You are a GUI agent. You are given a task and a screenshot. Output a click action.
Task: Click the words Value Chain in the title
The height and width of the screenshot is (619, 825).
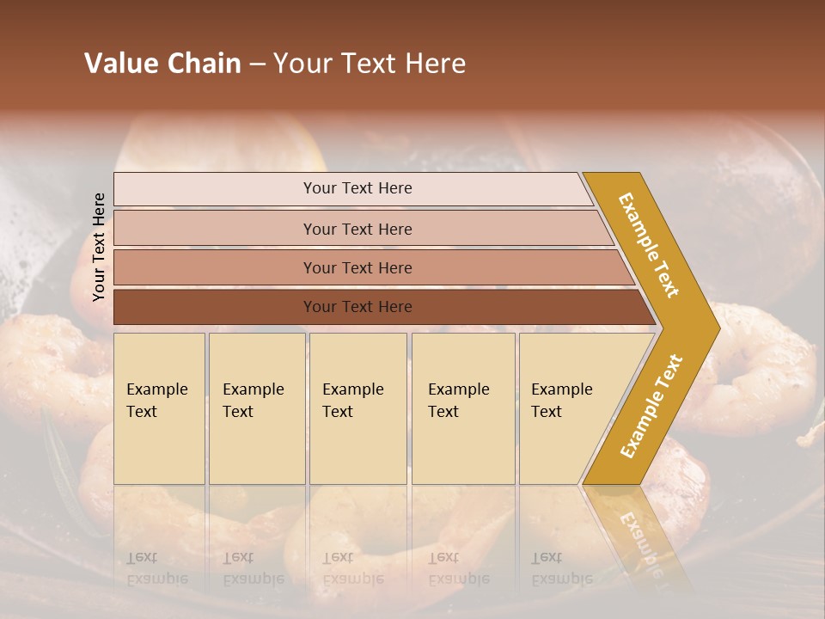(162, 64)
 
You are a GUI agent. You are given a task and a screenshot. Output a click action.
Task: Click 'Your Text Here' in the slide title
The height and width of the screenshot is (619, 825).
(370, 64)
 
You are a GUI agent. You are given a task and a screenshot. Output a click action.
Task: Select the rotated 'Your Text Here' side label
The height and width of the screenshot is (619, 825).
(99, 247)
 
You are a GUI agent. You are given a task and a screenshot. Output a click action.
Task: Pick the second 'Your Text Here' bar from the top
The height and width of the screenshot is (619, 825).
(357, 229)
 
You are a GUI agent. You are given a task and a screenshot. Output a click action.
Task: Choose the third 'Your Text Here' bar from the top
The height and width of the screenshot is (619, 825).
(357, 267)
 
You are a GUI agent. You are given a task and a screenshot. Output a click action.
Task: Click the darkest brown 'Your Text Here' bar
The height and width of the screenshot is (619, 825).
(357, 307)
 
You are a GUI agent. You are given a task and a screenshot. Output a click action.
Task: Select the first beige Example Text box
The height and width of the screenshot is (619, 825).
(159, 408)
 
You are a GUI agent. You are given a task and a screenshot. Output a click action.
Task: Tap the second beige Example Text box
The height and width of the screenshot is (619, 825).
(256, 408)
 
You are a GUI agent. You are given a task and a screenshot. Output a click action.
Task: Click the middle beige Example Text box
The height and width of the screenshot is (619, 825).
(357, 408)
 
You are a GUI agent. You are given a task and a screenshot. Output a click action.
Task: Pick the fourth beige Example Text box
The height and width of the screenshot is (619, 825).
(462, 408)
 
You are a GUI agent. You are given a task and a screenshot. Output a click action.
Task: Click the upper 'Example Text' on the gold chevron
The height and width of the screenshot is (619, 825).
(649, 245)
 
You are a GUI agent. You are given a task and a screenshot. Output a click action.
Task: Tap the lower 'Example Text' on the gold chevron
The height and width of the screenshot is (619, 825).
(651, 406)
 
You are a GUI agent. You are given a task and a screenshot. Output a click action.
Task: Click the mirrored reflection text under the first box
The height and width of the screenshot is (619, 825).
(157, 568)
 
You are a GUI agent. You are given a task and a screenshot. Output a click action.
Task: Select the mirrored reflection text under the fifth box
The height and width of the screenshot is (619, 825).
(562, 568)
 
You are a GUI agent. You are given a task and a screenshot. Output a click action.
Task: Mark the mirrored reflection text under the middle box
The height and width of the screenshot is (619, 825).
(353, 568)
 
